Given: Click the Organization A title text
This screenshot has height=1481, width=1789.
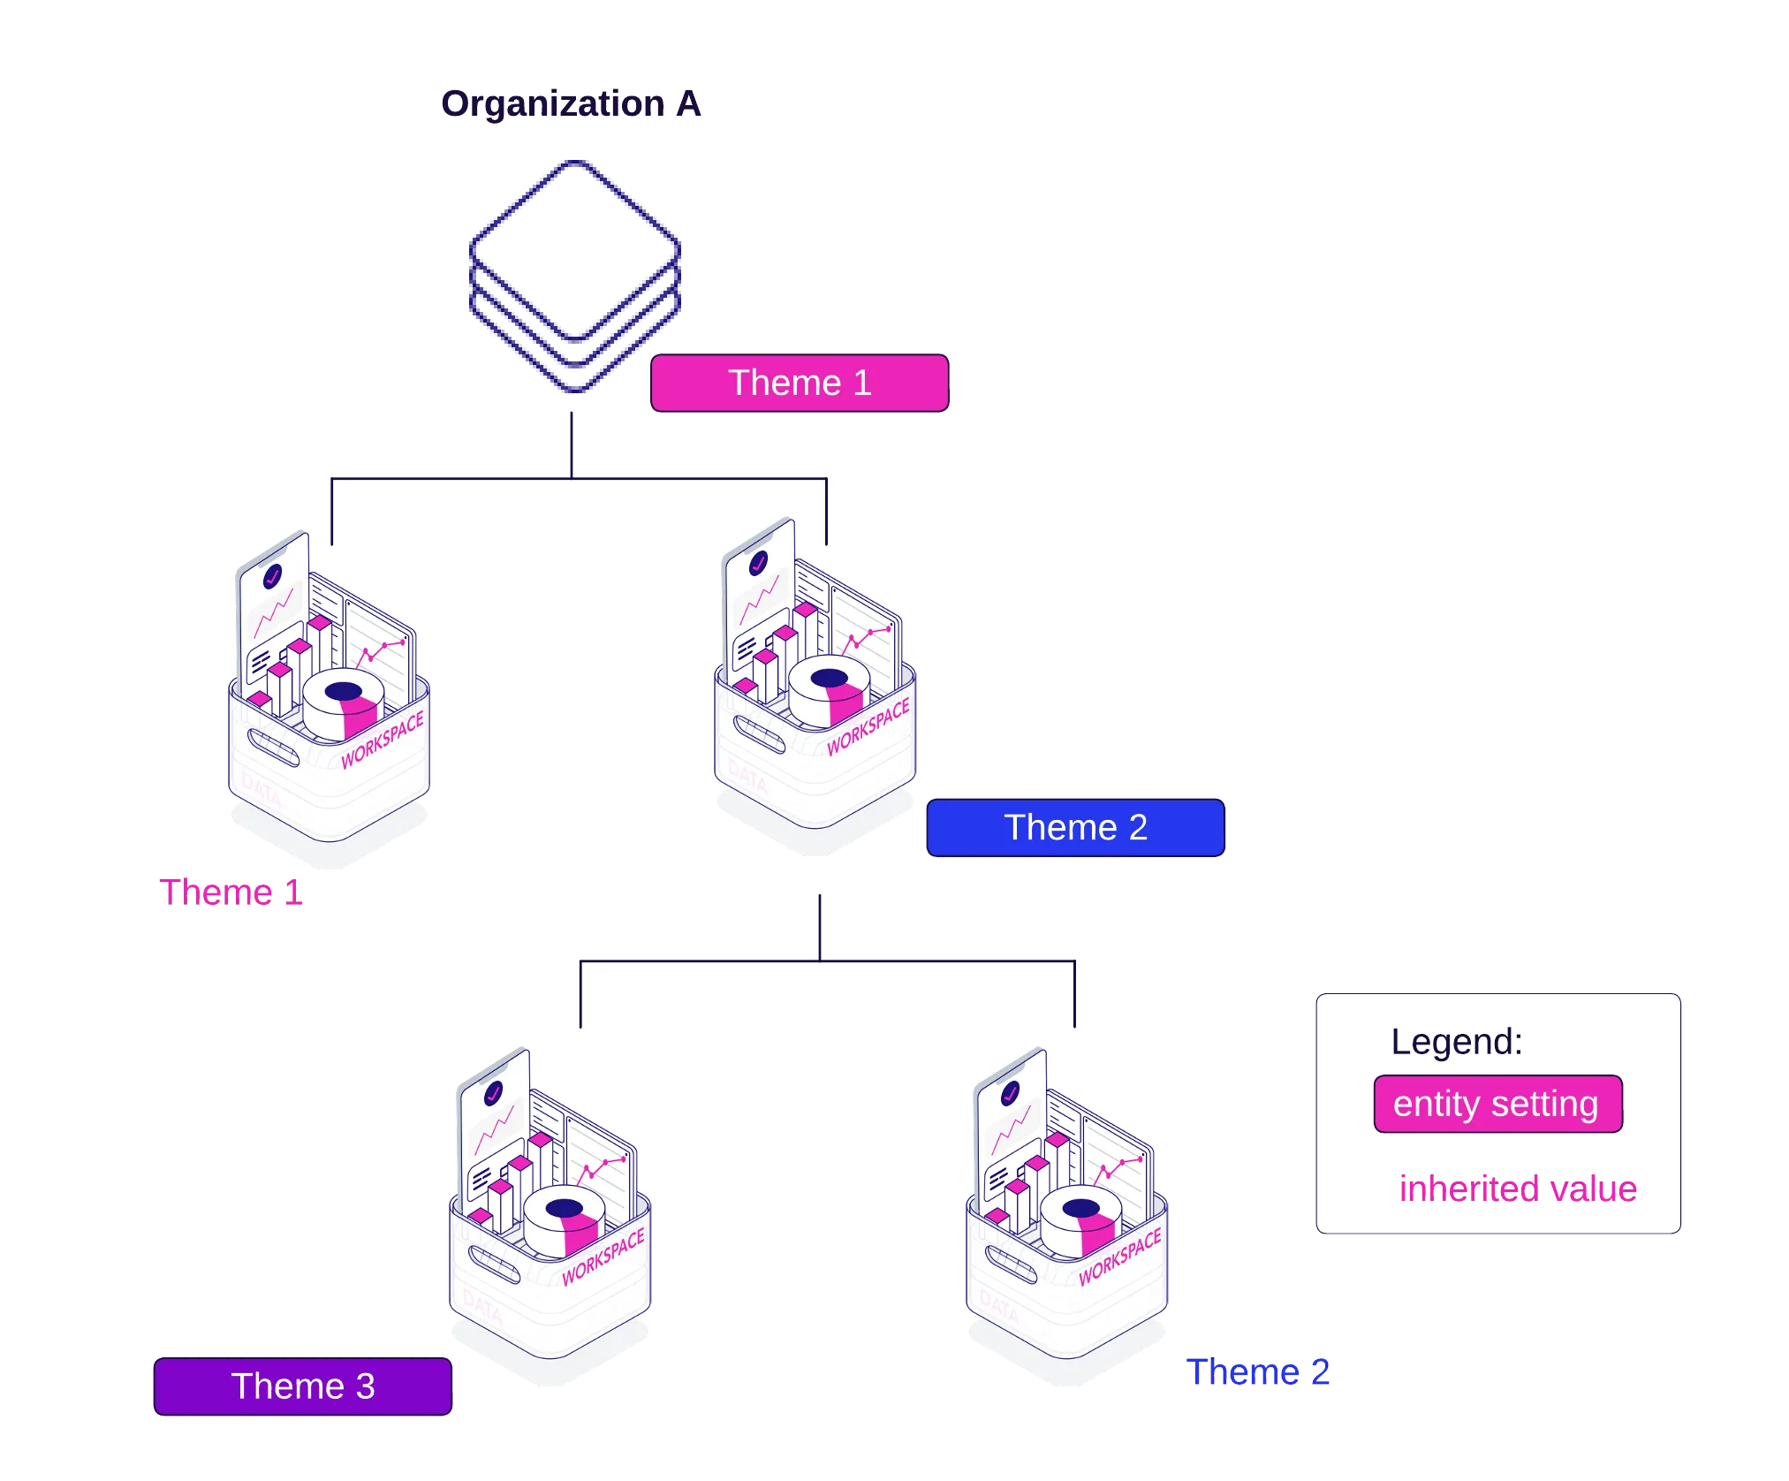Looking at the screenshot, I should (x=572, y=104).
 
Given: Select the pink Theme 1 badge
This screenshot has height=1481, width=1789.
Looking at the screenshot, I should (x=800, y=384).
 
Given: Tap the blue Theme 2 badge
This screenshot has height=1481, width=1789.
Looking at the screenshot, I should (x=1075, y=828).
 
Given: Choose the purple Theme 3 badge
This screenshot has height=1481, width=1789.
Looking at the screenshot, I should (x=303, y=1386).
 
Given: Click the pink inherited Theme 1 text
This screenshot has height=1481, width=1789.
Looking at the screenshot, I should (x=231, y=892).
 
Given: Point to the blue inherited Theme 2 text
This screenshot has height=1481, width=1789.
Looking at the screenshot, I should (x=1258, y=1372).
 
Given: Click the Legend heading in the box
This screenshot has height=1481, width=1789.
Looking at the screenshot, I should (x=1457, y=1043).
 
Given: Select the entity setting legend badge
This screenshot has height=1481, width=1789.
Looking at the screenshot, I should (x=1497, y=1105).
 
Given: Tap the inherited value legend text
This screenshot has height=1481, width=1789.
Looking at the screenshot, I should (x=1518, y=1189).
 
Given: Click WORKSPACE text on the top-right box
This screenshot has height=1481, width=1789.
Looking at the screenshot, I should (x=868, y=726).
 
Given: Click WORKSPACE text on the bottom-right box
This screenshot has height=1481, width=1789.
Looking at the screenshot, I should (x=1119, y=1256).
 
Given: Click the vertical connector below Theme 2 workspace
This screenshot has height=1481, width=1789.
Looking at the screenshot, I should (x=821, y=924).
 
